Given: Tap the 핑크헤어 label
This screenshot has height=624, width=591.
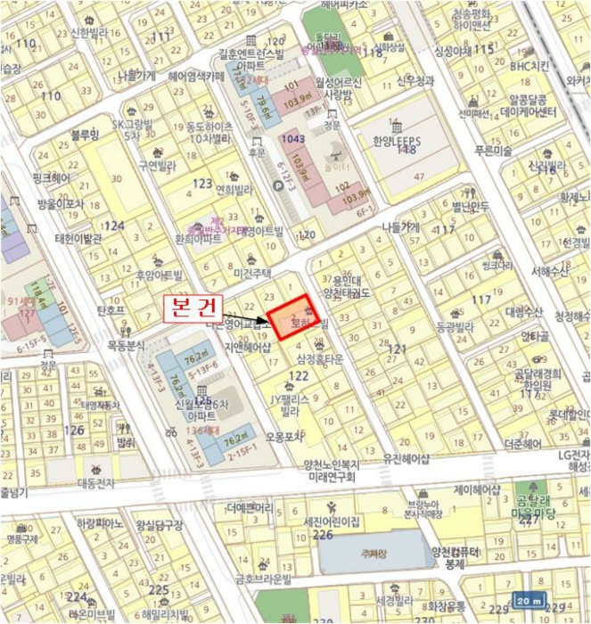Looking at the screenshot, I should coord(51,178).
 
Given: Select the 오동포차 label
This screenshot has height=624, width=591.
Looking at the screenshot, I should coord(284,437).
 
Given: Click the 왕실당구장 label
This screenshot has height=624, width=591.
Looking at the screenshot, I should coord(159,525).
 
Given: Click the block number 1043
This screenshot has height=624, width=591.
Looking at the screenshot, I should coord(291,139).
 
